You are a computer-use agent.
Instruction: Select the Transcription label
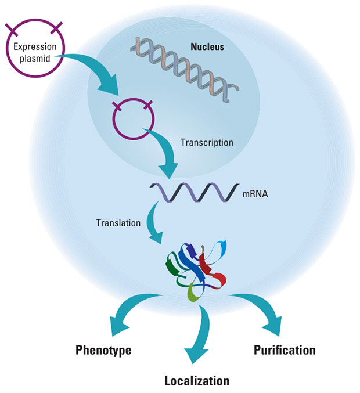(x=207, y=142)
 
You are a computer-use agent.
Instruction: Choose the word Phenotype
(x=103, y=350)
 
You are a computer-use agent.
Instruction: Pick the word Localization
(x=196, y=381)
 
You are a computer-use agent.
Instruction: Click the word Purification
(x=285, y=350)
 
